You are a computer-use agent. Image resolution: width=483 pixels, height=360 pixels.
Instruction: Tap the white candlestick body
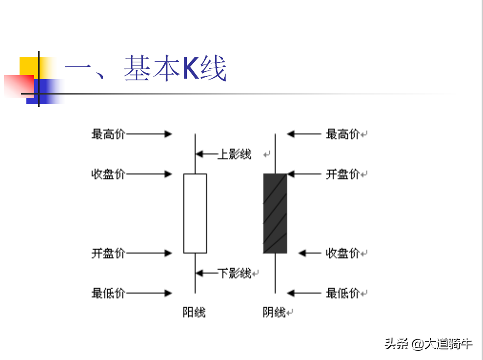195,214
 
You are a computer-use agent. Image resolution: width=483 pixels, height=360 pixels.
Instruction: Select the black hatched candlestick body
275,214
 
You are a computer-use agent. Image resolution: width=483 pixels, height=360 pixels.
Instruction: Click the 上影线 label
234,154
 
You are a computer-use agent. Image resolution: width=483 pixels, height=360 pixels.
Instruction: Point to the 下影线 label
234,273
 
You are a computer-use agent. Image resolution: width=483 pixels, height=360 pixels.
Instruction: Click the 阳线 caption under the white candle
194,312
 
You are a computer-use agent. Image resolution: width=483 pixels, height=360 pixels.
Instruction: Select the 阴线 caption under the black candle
274,312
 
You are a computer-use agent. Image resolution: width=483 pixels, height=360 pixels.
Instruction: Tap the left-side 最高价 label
108,134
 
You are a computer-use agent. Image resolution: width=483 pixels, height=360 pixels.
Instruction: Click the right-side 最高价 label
342,134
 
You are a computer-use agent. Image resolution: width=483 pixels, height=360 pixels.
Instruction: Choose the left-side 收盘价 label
108,174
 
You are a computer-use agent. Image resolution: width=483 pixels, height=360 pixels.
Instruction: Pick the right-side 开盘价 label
342,174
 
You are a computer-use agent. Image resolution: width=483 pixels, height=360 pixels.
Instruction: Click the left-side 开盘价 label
108,253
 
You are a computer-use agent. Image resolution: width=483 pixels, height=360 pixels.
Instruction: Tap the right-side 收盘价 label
342,253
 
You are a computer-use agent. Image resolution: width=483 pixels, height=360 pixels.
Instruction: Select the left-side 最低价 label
108,293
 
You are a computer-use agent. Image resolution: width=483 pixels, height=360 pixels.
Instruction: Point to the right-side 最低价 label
342,293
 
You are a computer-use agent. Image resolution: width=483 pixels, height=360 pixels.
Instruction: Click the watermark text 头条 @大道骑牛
428,344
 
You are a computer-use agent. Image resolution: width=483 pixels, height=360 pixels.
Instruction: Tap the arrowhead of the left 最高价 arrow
168,134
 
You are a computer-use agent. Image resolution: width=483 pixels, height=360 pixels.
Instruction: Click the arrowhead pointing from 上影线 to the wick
199,154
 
